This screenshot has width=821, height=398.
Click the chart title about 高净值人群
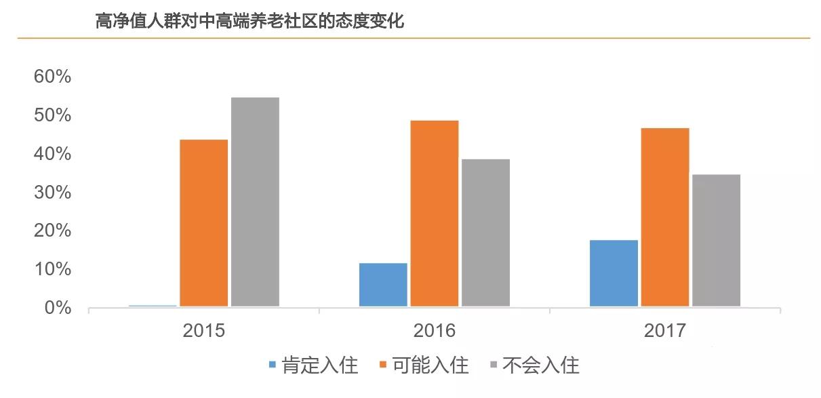point(249,22)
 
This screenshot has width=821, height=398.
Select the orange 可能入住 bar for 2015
point(203,223)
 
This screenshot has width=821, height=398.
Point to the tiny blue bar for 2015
point(153,306)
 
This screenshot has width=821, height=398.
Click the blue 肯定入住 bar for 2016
point(383,285)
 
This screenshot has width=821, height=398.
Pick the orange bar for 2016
point(435,214)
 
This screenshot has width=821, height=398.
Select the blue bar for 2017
point(614,273)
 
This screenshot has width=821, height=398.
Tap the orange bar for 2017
point(665,217)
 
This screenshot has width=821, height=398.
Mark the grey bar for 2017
point(716,241)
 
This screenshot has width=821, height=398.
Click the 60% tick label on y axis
point(52,77)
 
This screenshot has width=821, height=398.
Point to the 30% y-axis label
point(52,193)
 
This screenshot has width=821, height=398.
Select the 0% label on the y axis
point(57,308)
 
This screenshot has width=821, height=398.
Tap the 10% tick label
point(52,269)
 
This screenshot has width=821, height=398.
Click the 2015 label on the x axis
point(203,331)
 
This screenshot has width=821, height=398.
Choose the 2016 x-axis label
point(435,331)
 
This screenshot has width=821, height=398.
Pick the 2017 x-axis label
point(665,331)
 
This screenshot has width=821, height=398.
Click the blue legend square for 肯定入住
point(273,365)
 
